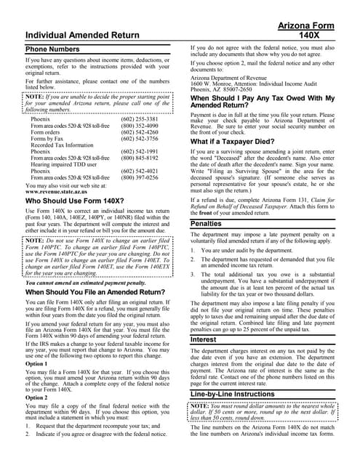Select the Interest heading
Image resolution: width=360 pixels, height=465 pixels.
(x=208, y=339)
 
